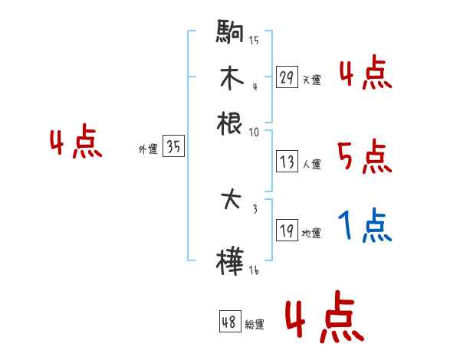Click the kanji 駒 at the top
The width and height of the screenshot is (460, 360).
click(x=231, y=35)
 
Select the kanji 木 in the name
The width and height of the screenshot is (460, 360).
click(x=231, y=78)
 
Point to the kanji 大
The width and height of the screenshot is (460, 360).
click(x=231, y=202)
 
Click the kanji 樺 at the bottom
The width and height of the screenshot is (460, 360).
click(x=231, y=260)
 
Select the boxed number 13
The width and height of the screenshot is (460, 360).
click(x=287, y=162)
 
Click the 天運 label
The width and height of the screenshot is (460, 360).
click(x=312, y=80)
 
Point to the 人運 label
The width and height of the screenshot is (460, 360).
click(x=312, y=164)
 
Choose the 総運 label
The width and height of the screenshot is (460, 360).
click(x=255, y=324)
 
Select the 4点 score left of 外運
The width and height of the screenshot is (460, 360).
click(x=75, y=143)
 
